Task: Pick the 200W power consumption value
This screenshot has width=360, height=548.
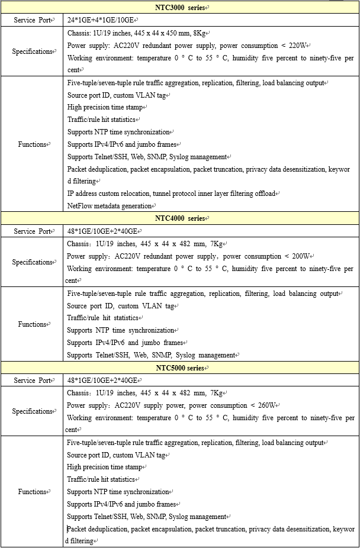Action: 301,256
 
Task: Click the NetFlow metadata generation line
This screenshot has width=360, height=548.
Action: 110,206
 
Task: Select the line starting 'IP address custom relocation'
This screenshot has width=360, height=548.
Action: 172,194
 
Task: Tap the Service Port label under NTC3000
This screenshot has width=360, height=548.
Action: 33,20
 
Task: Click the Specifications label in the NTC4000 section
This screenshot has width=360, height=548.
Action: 33,262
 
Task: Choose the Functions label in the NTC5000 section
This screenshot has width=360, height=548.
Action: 33,492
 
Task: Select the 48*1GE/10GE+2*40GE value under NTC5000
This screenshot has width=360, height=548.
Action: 102,381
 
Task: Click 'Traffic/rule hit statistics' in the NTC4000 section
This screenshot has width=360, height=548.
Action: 102,318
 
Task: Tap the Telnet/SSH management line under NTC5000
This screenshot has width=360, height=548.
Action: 147,517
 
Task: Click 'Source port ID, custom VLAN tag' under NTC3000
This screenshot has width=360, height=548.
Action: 117,95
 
